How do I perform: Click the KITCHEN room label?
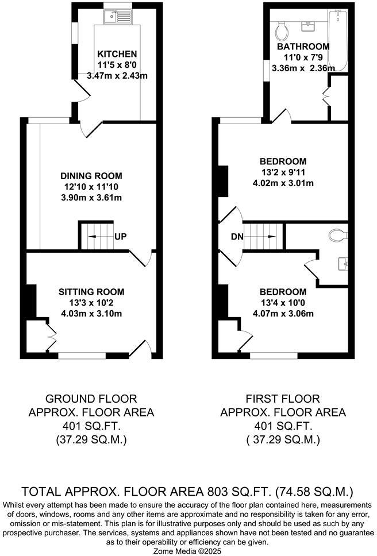click(x=117, y=54)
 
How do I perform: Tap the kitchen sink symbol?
click(x=118, y=17)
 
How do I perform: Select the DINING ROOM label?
click(x=91, y=176)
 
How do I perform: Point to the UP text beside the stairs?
click(x=121, y=237)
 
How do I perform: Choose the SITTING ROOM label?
click(x=91, y=292)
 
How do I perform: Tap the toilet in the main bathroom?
click(x=282, y=28)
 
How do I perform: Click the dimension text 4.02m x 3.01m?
click(x=282, y=183)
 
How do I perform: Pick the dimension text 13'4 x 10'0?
click(x=282, y=303)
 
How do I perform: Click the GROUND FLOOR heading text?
click(x=91, y=398)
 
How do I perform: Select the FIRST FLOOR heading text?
click(x=282, y=398)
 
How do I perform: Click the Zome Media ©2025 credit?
click(x=188, y=550)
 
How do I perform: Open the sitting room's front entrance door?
click(x=141, y=348)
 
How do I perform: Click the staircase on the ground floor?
click(x=97, y=236)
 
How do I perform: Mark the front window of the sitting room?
click(x=82, y=356)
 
